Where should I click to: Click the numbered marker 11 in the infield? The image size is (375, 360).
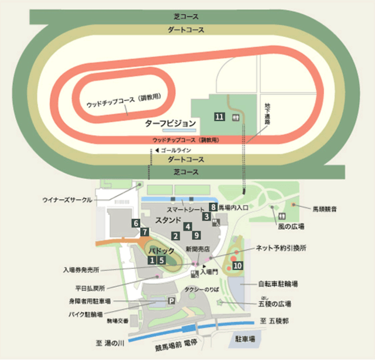[220, 117]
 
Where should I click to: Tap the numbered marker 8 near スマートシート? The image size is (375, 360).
[213, 207]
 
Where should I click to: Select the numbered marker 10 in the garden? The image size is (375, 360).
[237, 266]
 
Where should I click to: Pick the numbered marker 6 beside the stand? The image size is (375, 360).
[135, 223]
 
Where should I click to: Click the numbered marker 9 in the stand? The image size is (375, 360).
[196, 235]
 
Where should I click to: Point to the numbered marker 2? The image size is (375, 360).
[175, 236]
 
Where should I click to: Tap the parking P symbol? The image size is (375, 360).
[172, 301]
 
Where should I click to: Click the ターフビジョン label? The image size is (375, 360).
[169, 124]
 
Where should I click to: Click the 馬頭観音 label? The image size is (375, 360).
[325, 208]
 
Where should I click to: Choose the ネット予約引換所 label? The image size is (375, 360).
[281, 248]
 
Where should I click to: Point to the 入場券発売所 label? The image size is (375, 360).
[81, 270]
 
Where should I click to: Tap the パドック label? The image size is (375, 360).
[161, 251]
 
